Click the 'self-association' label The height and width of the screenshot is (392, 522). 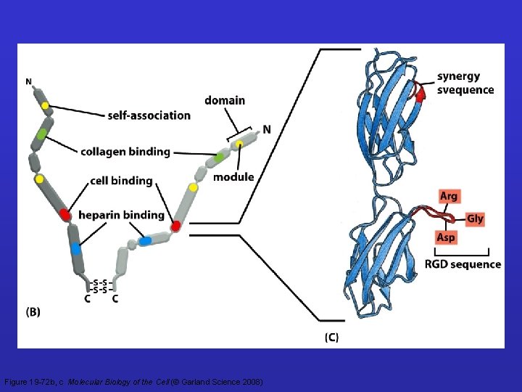[x=149, y=115]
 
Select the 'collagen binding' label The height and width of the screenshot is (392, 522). [x=125, y=151]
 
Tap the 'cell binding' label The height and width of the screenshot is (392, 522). [x=121, y=180]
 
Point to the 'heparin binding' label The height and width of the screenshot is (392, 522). [x=121, y=214]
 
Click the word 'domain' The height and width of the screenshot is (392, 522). [x=225, y=100]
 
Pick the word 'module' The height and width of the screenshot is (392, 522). [x=233, y=176]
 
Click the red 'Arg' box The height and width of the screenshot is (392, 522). [x=449, y=196]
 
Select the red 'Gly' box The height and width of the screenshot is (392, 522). [x=475, y=219]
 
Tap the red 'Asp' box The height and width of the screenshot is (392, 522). [x=446, y=237]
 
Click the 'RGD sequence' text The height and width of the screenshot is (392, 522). [x=463, y=264]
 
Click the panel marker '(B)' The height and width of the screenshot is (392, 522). [x=33, y=312]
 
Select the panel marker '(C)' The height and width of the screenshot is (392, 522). [x=331, y=337]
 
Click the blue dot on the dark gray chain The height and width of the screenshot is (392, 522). [x=76, y=248]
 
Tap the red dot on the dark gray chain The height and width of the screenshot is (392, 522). [x=65, y=214]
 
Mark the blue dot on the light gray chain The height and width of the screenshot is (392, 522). [x=145, y=240]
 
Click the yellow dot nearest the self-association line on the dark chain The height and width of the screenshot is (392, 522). [x=46, y=106]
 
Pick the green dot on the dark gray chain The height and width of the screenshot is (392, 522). [x=42, y=134]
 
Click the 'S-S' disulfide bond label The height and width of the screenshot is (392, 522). [x=101, y=285]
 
